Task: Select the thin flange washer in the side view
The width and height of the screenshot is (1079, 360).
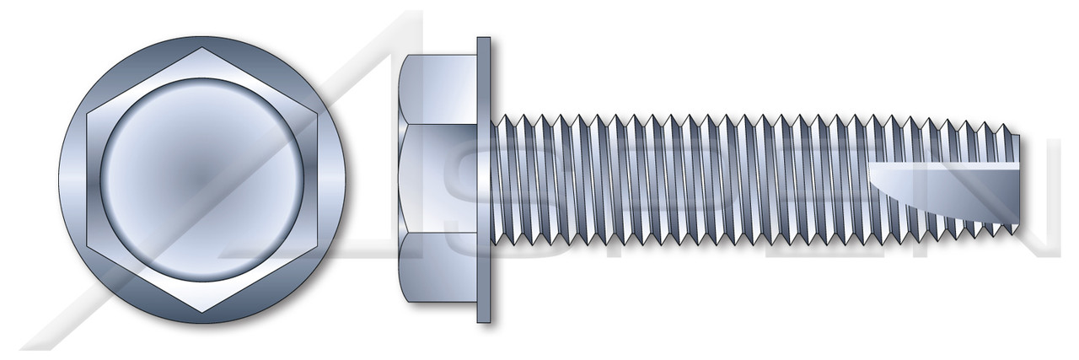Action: [x=484, y=179]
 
